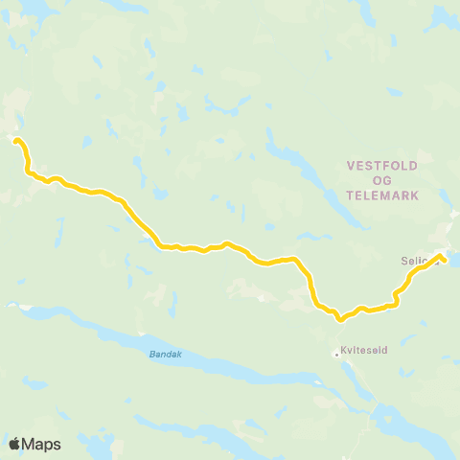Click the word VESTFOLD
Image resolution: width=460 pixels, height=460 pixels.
pyautogui.click(x=382, y=166)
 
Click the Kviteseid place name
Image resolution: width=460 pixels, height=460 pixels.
pyautogui.click(x=362, y=352)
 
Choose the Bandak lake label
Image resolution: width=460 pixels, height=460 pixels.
pyautogui.click(x=165, y=354)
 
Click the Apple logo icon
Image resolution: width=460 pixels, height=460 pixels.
pyautogui.click(x=14, y=444)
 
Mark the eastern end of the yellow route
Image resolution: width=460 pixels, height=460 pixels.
pyautogui.click(x=443, y=257)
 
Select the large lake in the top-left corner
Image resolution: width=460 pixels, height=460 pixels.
pyautogui.click(x=29, y=8)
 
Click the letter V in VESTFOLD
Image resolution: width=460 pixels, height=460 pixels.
pyautogui.click(x=350, y=166)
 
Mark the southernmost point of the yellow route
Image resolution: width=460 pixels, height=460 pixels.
pyautogui.click(x=338, y=319)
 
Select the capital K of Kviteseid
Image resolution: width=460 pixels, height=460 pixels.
pyautogui.click(x=344, y=352)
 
